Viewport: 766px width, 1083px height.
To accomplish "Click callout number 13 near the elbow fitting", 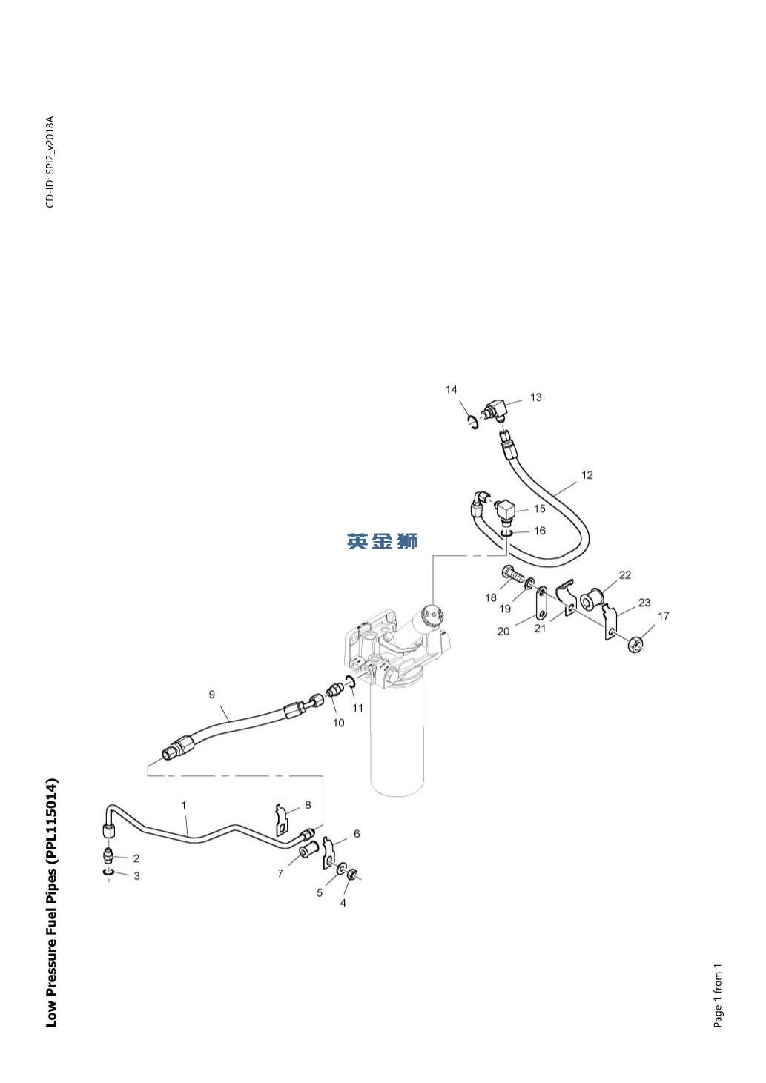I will point(535,397).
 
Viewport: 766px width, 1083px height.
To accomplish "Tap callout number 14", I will point(452,390).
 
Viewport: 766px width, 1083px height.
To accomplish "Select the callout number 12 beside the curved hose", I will point(587,475).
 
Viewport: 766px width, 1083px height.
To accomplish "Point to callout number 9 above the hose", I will point(212,695).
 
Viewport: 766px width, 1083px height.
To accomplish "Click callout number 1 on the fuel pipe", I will point(184,805).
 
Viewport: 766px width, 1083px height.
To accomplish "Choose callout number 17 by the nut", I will point(664,616).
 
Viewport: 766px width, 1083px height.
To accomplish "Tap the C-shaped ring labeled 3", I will point(108,875).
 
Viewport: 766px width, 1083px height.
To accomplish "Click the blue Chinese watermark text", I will point(383,542).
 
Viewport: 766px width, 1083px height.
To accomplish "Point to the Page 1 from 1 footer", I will point(717,996).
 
